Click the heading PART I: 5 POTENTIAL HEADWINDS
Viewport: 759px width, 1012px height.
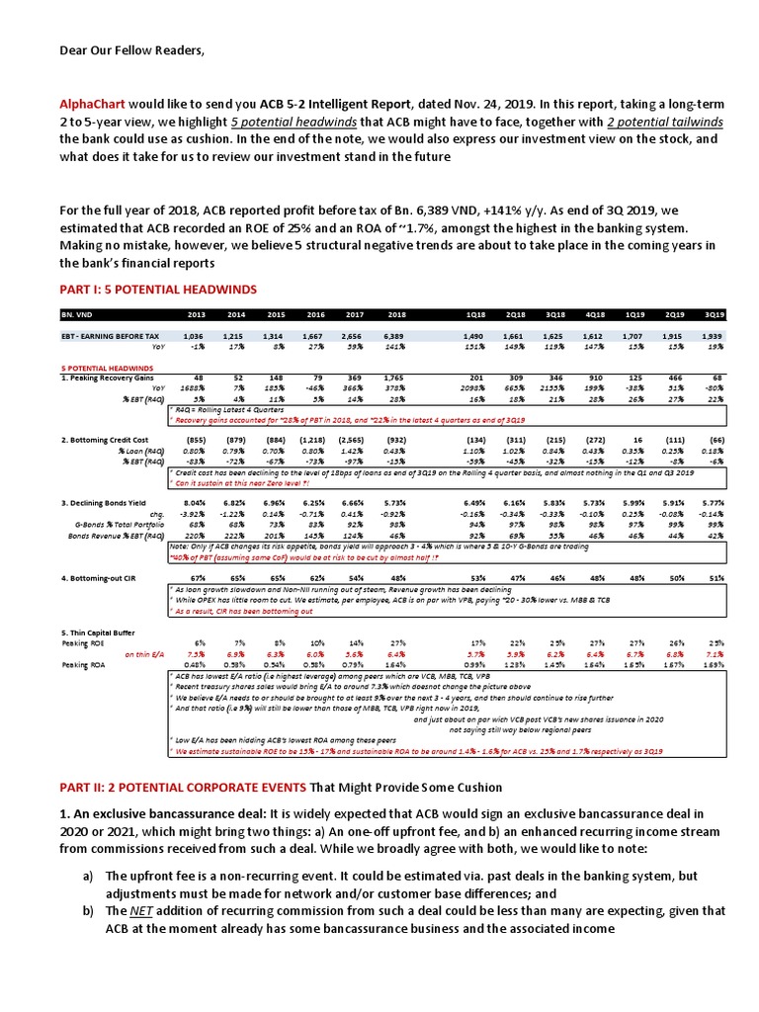[145, 289]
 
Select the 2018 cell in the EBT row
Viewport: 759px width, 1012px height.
[396, 337]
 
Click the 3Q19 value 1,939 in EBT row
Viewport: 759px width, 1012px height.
[713, 337]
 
